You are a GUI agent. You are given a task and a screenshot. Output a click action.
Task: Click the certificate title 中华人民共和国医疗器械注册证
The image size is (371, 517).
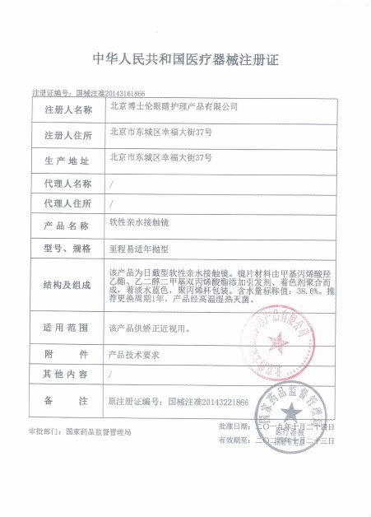click(185, 58)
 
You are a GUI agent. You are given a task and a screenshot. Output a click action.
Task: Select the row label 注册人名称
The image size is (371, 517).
click(67, 109)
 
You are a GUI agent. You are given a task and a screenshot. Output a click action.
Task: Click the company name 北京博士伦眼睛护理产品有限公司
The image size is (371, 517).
click(174, 107)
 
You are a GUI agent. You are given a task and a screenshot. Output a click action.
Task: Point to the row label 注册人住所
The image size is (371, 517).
click(67, 134)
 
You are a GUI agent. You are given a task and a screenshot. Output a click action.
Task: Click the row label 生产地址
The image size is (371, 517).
click(67, 159)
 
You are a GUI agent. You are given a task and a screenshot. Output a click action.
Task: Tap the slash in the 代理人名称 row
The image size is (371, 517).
click(112, 182)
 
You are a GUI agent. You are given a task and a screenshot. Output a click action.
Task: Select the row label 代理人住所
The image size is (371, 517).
click(67, 203)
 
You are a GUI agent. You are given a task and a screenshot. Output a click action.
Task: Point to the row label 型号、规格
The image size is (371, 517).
click(67, 248)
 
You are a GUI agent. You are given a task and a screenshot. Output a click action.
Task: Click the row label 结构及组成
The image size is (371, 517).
click(67, 284)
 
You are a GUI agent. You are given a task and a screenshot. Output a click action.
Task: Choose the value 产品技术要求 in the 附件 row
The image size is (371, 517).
click(131, 354)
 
